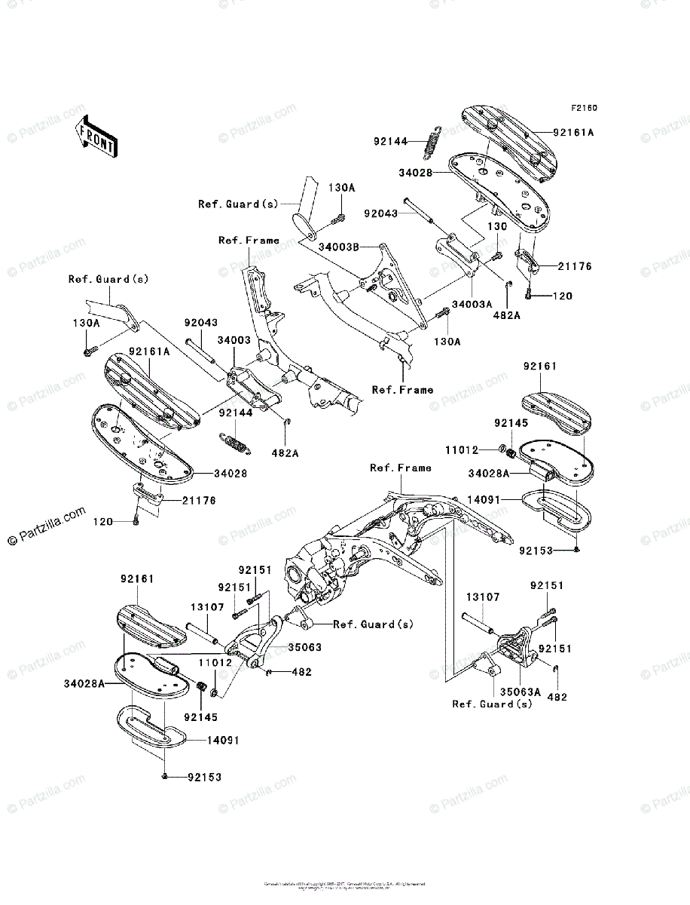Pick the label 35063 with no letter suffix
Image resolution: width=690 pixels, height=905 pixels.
coord(305,647)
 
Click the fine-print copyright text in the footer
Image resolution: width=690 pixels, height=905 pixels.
coord(345,885)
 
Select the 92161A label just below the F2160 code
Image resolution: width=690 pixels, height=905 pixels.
coord(573,132)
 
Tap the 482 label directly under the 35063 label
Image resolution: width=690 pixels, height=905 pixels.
coord(301,671)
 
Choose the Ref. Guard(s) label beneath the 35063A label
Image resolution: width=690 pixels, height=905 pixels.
coord(492,704)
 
